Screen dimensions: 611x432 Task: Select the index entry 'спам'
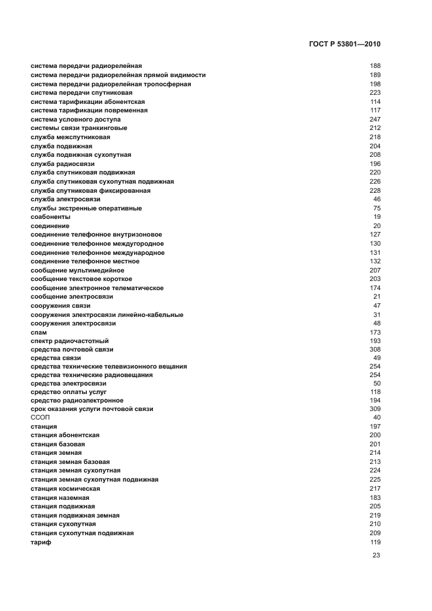click(x=39, y=333)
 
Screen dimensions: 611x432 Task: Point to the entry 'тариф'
click(x=41, y=542)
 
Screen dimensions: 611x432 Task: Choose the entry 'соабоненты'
click(x=50, y=217)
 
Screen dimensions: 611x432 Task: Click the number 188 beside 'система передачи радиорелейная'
click(x=375, y=66)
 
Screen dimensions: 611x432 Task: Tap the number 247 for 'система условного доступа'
click(x=375, y=120)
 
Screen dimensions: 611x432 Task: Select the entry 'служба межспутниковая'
click(x=71, y=137)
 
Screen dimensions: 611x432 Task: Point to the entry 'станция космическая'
click(x=65, y=489)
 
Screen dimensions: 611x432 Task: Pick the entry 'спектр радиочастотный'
click(x=69, y=341)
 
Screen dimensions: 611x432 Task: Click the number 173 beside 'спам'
click(x=375, y=333)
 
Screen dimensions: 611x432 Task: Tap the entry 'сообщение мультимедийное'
click(x=77, y=271)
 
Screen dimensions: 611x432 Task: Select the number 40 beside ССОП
click(x=377, y=418)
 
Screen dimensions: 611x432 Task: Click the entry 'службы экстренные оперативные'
click(x=86, y=208)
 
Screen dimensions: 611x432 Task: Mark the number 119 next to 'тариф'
click(x=375, y=542)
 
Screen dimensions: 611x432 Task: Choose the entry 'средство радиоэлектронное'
click(x=77, y=400)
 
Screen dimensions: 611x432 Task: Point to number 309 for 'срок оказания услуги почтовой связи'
click(x=375, y=409)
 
